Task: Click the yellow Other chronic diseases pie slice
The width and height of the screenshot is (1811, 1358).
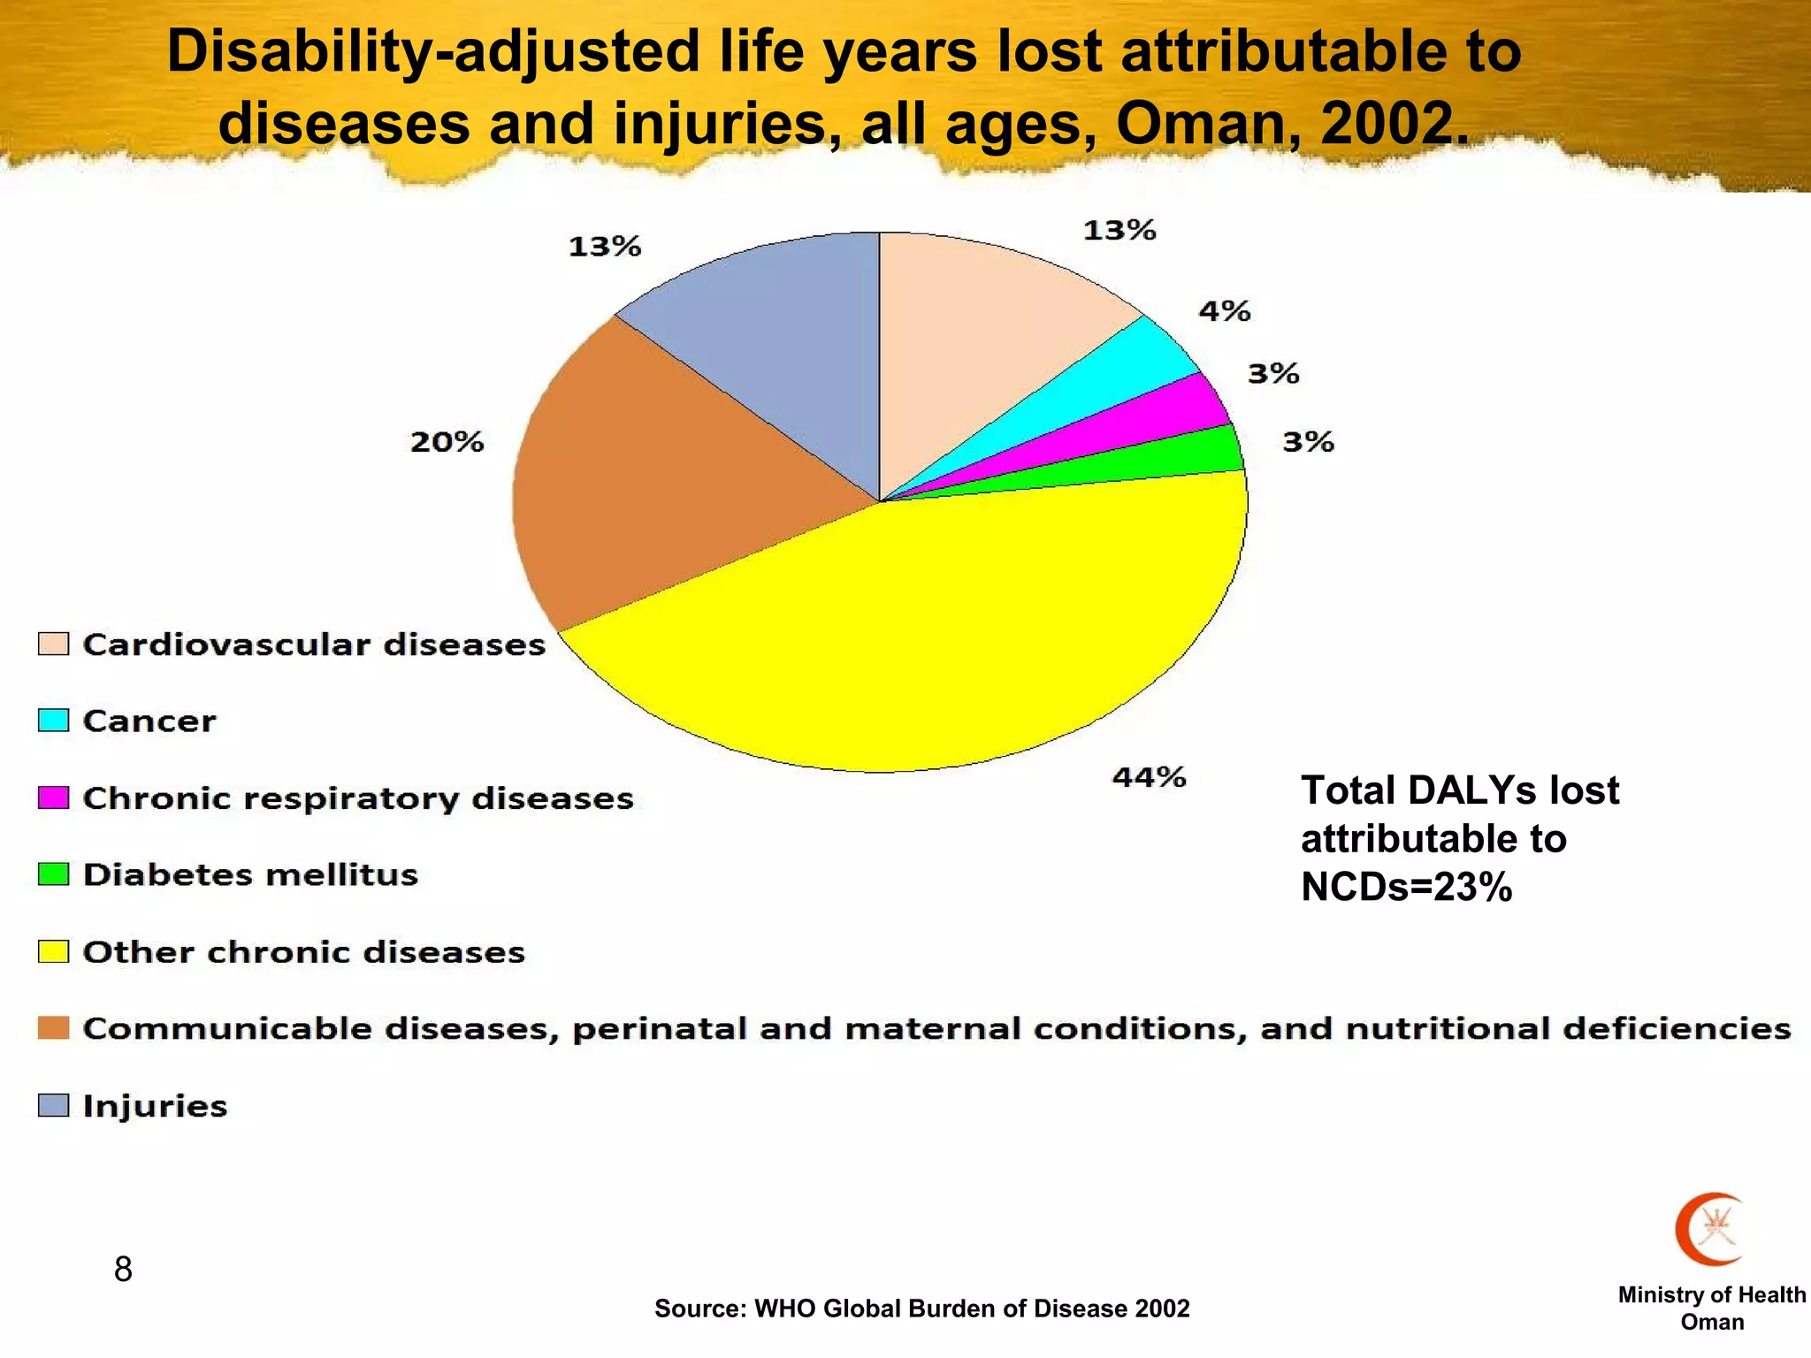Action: [x=928, y=637]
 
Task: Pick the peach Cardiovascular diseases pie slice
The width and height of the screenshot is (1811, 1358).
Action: [x=982, y=336]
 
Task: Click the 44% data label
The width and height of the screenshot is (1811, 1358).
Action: [x=1149, y=777]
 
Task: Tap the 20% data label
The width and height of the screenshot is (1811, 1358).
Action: [x=447, y=441]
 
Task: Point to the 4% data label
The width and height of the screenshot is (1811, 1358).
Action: [x=1224, y=311]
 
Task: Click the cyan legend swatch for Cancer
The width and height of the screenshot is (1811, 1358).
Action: [x=53, y=721]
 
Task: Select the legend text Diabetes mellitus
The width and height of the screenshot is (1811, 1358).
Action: [x=250, y=874]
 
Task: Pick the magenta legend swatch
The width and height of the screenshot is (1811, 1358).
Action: [x=53, y=797]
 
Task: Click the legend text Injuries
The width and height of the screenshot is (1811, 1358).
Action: [x=155, y=1106]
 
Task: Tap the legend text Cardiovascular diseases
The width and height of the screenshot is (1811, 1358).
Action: [x=314, y=645]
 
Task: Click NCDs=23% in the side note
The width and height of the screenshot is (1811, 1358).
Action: [x=1406, y=887]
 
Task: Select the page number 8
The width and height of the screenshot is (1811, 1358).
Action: [x=123, y=1270]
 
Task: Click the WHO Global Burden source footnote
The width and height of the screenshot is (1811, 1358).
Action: [x=921, y=1308]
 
